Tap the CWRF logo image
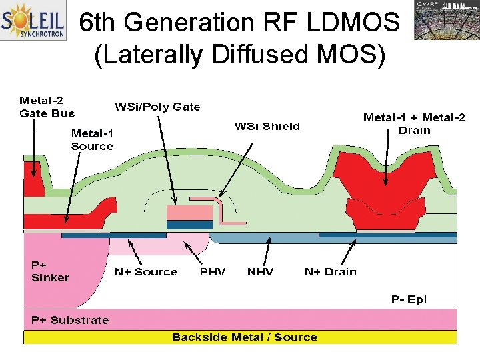point(445,20)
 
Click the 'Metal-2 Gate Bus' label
point(47,107)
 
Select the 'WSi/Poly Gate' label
point(157,107)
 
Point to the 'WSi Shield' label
point(267,126)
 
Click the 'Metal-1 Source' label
point(92,139)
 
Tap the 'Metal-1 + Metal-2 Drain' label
point(414,123)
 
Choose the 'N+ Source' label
point(146,272)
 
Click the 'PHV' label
point(213,272)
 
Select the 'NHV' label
point(260,272)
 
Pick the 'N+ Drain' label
point(330,272)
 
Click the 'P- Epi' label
point(409,299)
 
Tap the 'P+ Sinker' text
point(50,271)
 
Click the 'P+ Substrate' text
point(70,320)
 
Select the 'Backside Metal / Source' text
point(244,337)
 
